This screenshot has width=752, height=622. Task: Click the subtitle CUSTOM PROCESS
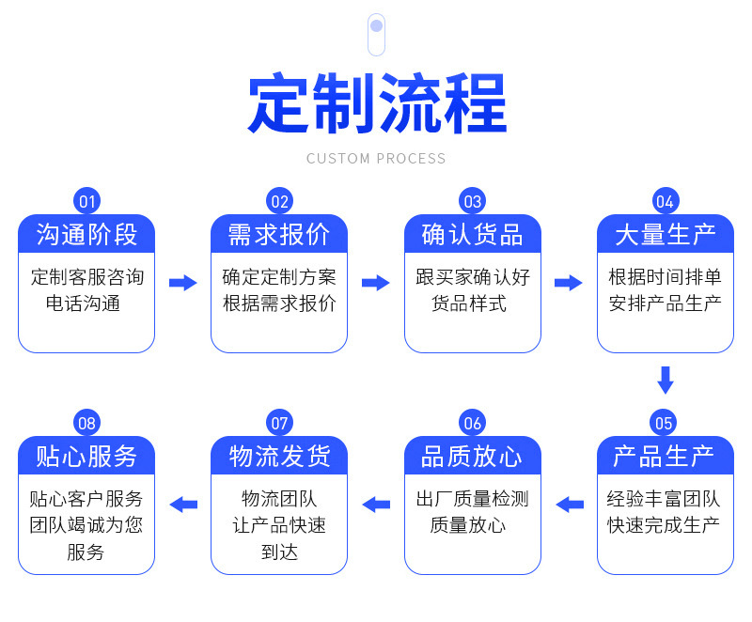tap(376, 159)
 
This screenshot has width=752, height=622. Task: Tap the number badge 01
tap(87, 201)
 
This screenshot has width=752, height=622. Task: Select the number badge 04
tap(665, 201)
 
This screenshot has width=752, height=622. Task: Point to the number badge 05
tap(665, 423)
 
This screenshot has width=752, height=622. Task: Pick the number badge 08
tap(87, 423)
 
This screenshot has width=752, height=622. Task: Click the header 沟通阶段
tap(86, 235)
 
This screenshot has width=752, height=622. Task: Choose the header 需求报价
tap(279, 235)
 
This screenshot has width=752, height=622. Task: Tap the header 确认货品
tap(473, 235)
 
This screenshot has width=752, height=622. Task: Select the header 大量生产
tap(666, 235)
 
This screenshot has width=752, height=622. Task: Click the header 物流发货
tap(279, 457)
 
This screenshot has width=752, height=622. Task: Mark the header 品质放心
tap(473, 457)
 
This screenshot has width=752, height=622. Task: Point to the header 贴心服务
tap(86, 457)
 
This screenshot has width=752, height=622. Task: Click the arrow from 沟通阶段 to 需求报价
tap(182, 283)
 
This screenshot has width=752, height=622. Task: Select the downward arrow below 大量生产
tap(666, 380)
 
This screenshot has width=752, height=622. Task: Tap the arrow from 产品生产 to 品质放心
tap(570, 505)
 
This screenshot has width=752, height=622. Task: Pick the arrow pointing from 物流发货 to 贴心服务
tap(183, 505)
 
